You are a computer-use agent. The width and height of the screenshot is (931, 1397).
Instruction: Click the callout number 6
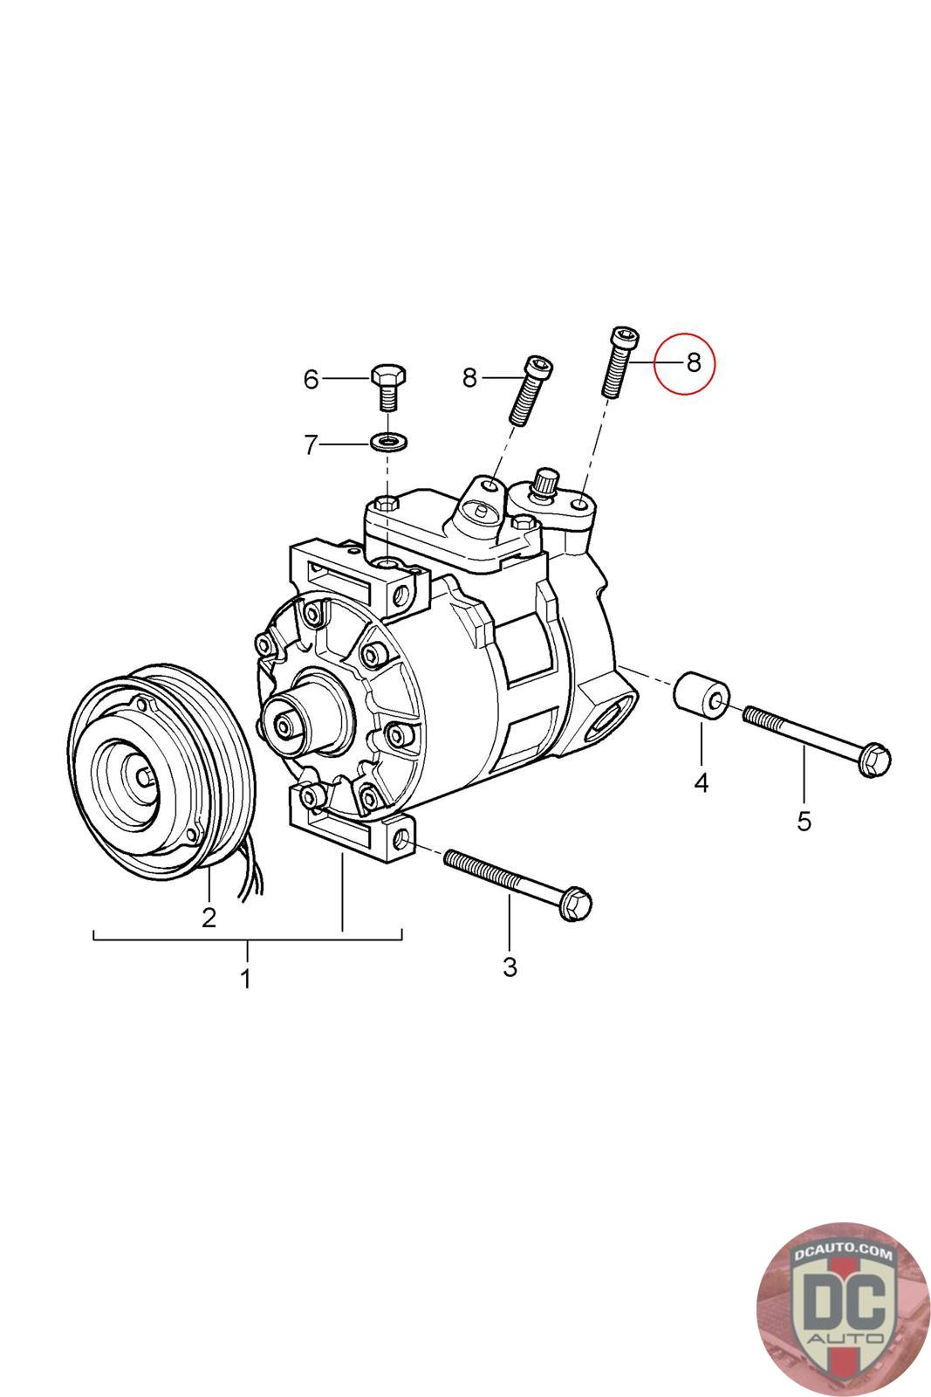[311, 379]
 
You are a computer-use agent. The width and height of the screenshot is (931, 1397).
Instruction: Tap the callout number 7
[311, 444]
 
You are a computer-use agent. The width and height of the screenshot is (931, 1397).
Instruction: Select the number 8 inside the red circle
[693, 362]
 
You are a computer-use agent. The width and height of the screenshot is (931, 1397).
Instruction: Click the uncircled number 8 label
[469, 377]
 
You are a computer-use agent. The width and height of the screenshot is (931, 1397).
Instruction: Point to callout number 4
[701, 782]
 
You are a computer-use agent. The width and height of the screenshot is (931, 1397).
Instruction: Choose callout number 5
[804, 822]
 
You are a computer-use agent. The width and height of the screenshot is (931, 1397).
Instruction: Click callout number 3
[510, 967]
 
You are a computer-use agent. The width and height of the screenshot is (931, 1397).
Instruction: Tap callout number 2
[209, 918]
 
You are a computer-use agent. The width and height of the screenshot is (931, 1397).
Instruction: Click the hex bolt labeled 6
[388, 387]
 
